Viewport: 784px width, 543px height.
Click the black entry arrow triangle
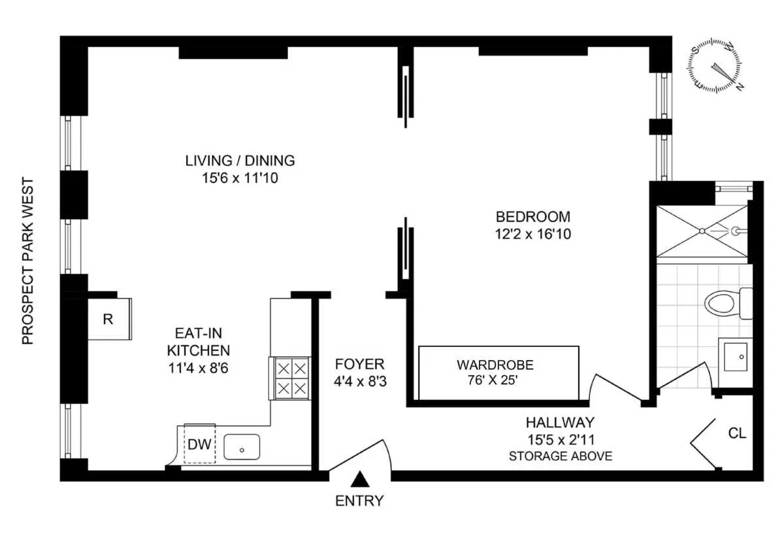(x=359, y=480)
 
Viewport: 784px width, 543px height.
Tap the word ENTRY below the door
(x=359, y=502)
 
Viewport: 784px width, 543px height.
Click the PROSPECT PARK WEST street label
(x=27, y=261)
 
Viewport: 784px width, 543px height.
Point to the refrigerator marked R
(x=108, y=319)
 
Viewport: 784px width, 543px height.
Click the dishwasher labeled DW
(x=199, y=444)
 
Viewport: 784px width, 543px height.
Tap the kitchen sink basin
(x=242, y=448)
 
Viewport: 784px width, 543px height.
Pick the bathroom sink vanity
(x=736, y=357)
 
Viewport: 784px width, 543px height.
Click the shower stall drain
(x=702, y=231)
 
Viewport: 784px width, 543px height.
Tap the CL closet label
(x=737, y=433)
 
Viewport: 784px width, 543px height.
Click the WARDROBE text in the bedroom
(x=495, y=365)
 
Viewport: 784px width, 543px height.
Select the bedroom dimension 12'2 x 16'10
(x=533, y=233)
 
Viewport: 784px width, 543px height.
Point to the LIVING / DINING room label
(x=240, y=160)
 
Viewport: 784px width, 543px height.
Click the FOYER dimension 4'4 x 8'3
(x=360, y=382)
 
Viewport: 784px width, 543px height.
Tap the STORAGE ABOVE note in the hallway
(x=561, y=456)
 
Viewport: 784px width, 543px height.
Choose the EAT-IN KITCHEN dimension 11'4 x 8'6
(x=198, y=368)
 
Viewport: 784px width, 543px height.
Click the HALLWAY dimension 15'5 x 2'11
(x=561, y=440)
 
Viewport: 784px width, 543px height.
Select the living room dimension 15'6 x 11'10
(x=240, y=177)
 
